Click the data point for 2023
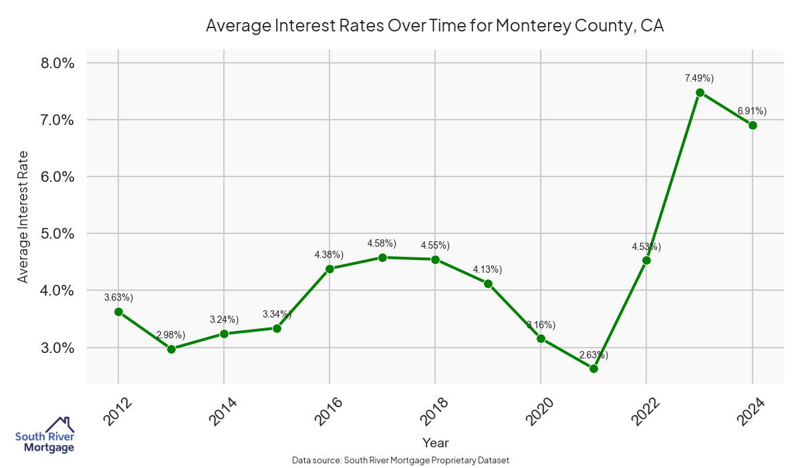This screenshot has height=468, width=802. click(x=700, y=93)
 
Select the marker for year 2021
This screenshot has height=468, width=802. click(x=593, y=369)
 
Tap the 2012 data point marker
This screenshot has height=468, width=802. click(x=118, y=312)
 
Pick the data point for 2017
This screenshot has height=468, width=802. click(x=382, y=257)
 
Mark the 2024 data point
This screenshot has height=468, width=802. click(x=753, y=125)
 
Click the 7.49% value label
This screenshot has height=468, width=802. click(x=699, y=78)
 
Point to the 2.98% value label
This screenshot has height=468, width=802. click(x=171, y=334)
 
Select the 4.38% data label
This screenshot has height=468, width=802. click(x=329, y=255)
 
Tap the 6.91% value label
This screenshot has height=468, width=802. click(x=752, y=110)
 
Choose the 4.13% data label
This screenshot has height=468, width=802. click(x=487, y=269)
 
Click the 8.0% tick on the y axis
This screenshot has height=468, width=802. click(x=57, y=64)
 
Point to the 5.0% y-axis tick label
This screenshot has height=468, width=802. click(x=57, y=234)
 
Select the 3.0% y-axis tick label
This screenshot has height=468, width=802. click(x=57, y=348)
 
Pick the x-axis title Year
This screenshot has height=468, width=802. click(x=435, y=443)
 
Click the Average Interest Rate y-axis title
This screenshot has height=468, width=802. click(x=23, y=215)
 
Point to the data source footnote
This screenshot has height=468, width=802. click(x=400, y=460)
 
